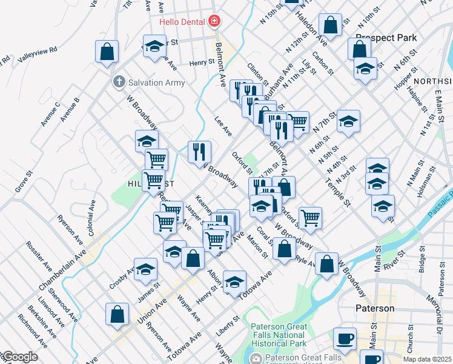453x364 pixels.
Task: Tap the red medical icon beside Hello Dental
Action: click(213, 22)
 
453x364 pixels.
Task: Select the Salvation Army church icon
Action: click(119, 81)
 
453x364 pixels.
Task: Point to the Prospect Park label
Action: click(386, 38)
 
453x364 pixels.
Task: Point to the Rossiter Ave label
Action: click(38, 257)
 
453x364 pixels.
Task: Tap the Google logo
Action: click(19, 357)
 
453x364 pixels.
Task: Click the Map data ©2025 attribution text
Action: click(427, 359)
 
